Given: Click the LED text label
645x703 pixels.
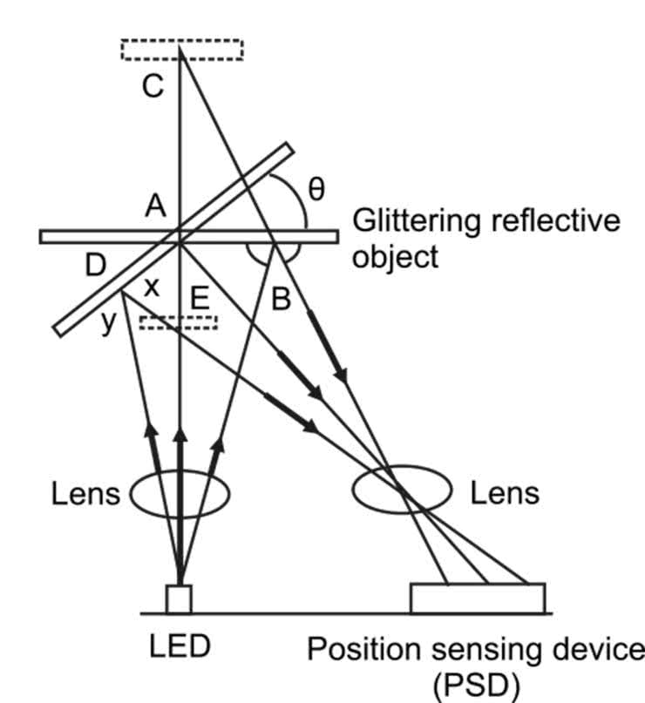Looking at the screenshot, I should pyautogui.click(x=179, y=646).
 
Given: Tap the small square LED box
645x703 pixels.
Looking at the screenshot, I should pyautogui.click(x=179, y=598).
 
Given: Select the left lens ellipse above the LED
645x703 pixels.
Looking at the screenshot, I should pyautogui.click(x=180, y=494).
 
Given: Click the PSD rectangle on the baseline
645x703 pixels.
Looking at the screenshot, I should pyautogui.click(x=478, y=598).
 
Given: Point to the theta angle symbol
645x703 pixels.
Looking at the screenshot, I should pyautogui.click(x=317, y=190).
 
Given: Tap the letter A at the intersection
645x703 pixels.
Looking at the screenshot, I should pyautogui.click(x=155, y=206).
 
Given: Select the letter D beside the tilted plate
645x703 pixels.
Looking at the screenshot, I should pyautogui.click(x=94, y=267).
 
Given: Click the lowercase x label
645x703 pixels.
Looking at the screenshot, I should pyautogui.click(x=151, y=287).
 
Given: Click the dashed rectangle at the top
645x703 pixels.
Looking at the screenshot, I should pyautogui.click(x=181, y=50).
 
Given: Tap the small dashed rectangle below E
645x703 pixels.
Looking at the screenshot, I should pyautogui.click(x=178, y=322).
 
